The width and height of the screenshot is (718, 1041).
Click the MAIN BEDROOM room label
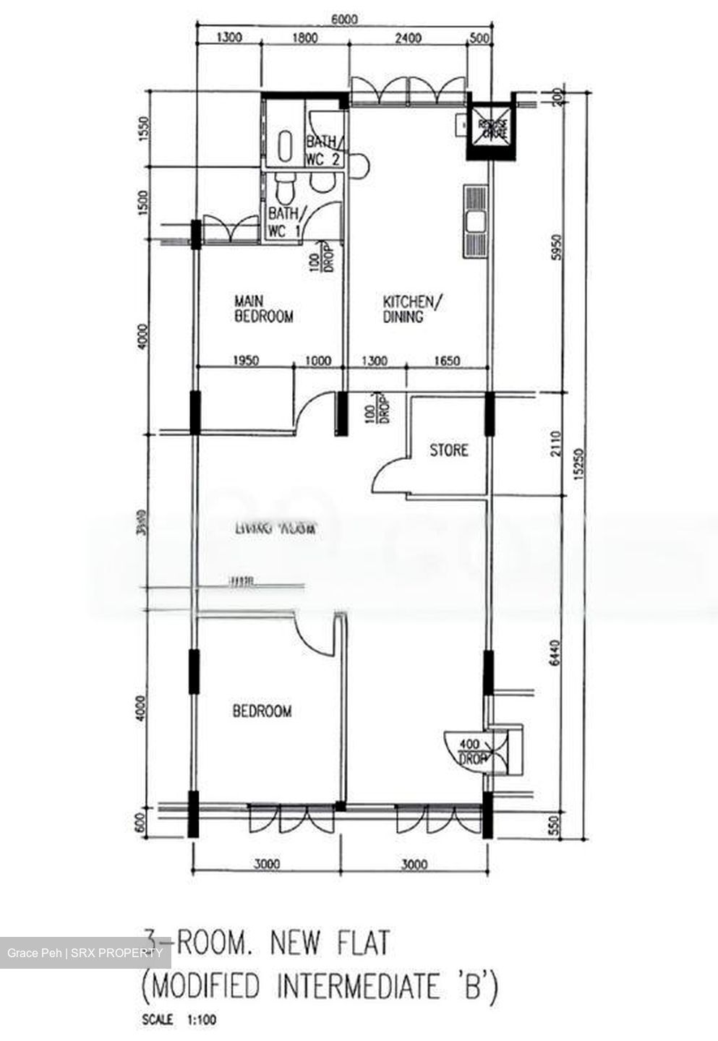[264, 308]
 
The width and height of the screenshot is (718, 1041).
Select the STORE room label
[448, 450]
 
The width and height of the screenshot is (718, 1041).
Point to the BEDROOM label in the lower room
[262, 711]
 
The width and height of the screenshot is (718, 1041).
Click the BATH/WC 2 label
[323, 151]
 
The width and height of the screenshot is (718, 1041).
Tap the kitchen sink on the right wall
[476, 221]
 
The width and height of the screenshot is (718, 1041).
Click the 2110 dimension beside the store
[555, 445]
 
